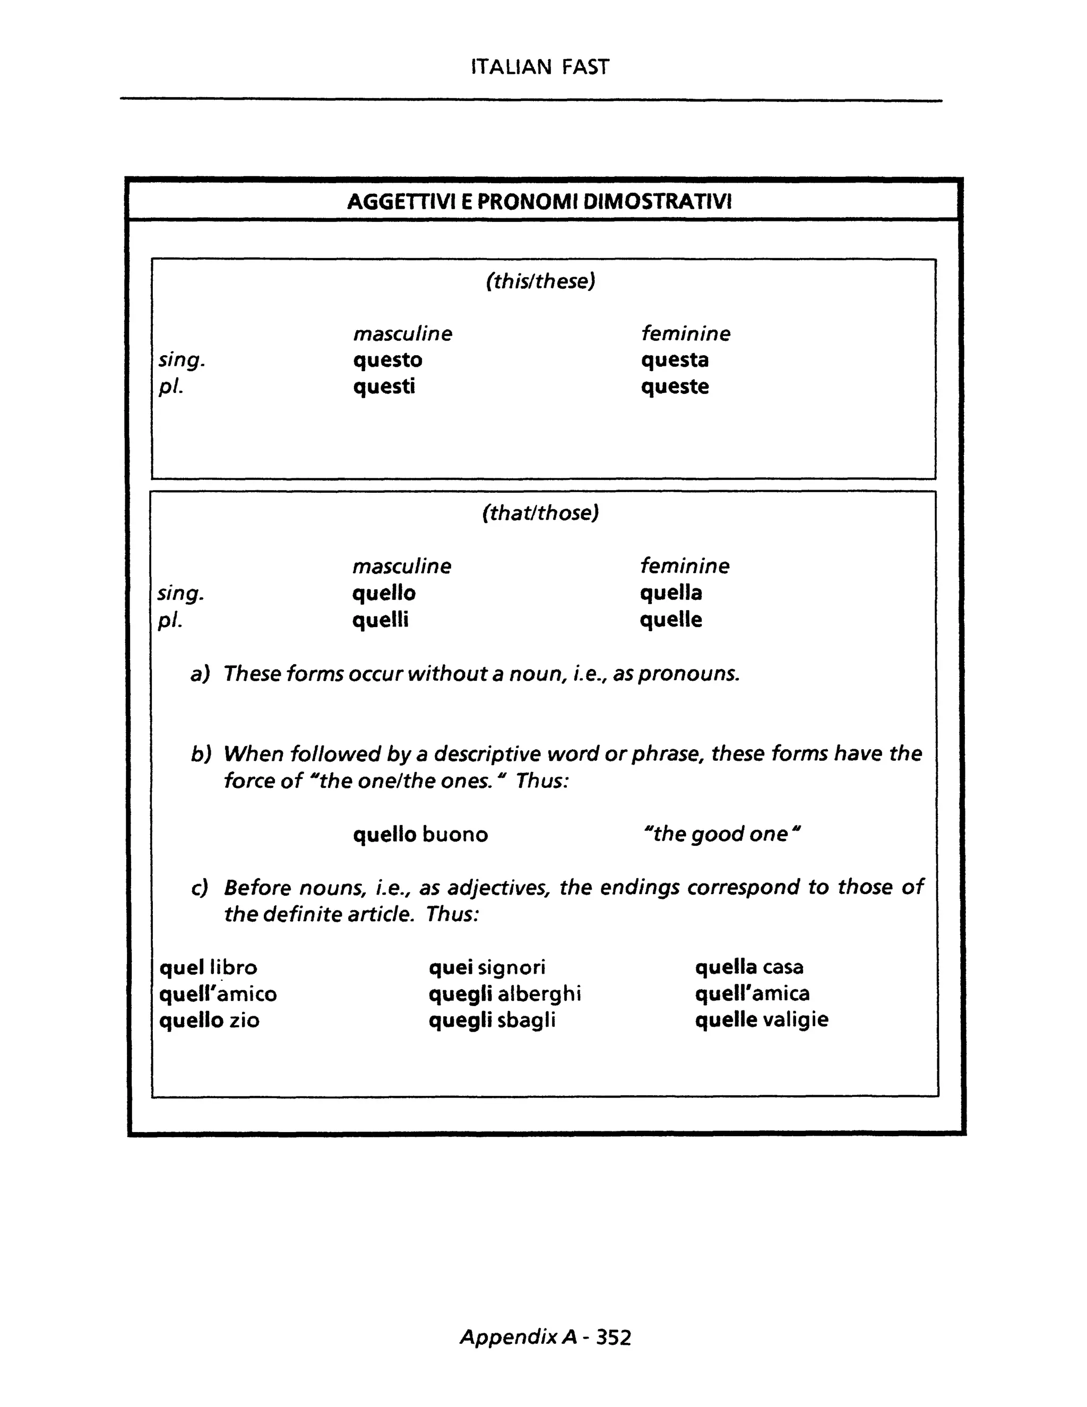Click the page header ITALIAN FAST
(x=540, y=67)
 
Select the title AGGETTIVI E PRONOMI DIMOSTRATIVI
(x=540, y=202)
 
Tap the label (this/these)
(x=540, y=281)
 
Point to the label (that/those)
(x=540, y=513)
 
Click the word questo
(x=387, y=360)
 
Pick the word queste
(x=675, y=387)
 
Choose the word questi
(x=384, y=387)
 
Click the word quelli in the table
(x=380, y=620)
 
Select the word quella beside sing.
(x=671, y=593)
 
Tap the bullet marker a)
(x=200, y=674)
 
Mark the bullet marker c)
(x=200, y=888)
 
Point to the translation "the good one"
(x=721, y=834)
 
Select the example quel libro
(x=208, y=967)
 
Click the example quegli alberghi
(x=505, y=994)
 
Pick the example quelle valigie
(x=761, y=1020)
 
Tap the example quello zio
(x=209, y=1020)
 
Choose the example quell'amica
(x=752, y=993)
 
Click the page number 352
(x=613, y=1338)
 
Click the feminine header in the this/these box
(x=685, y=334)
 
